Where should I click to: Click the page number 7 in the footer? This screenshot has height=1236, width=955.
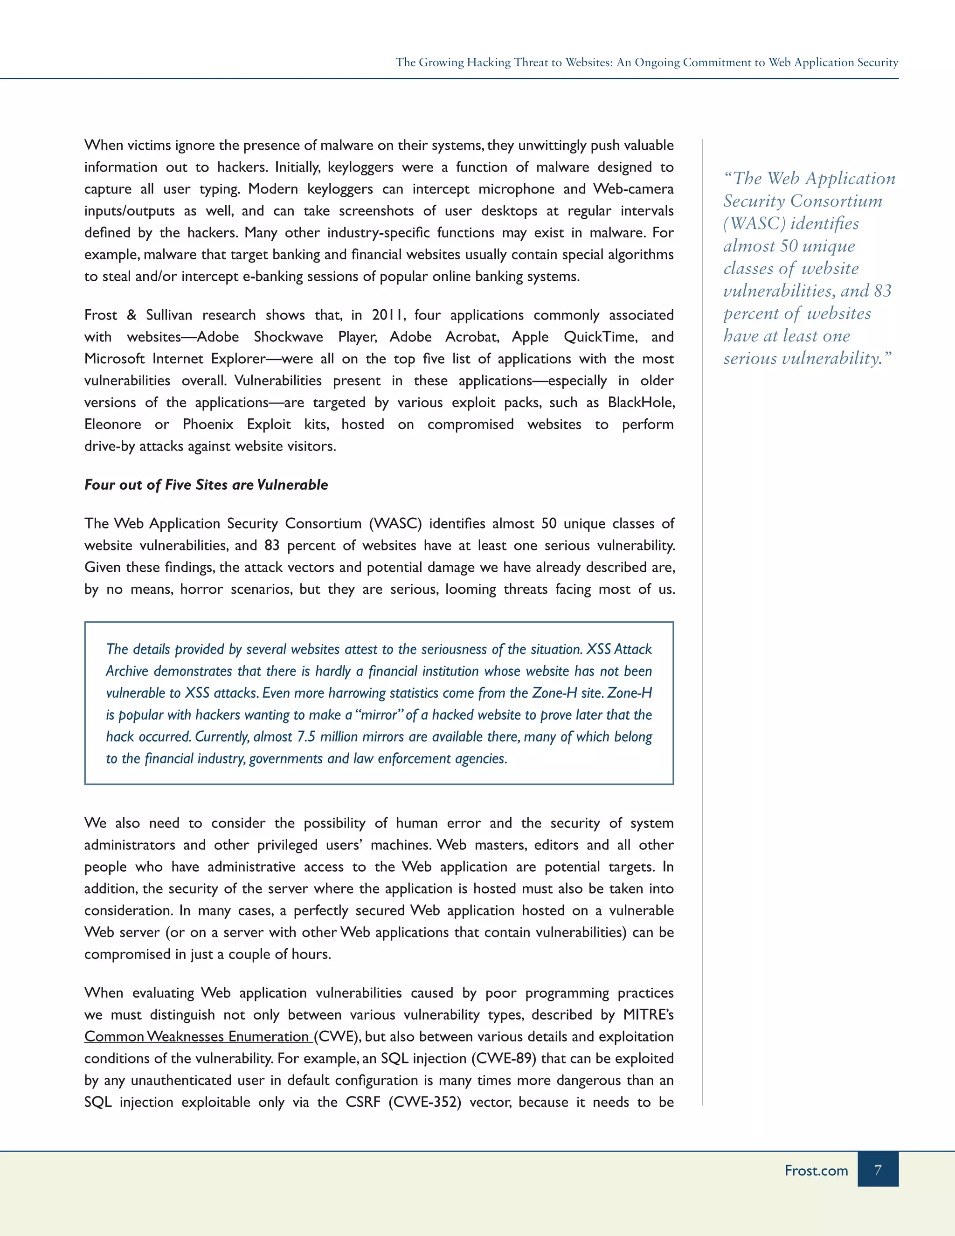pyautogui.click(x=878, y=1170)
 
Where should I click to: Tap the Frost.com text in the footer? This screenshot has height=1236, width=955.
pyautogui.click(x=816, y=1170)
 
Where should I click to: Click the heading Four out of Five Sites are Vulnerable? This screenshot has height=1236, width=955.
pyautogui.click(x=206, y=485)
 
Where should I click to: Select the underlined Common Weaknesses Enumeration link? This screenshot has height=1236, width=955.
pyautogui.click(x=197, y=1036)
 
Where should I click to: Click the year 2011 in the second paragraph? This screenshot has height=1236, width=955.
pyautogui.click(x=388, y=315)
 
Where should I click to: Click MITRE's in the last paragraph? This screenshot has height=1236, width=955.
pyautogui.click(x=648, y=1015)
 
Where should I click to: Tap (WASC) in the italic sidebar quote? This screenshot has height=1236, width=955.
pyautogui.click(x=755, y=223)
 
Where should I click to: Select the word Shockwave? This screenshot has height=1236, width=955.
pyautogui.click(x=289, y=337)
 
